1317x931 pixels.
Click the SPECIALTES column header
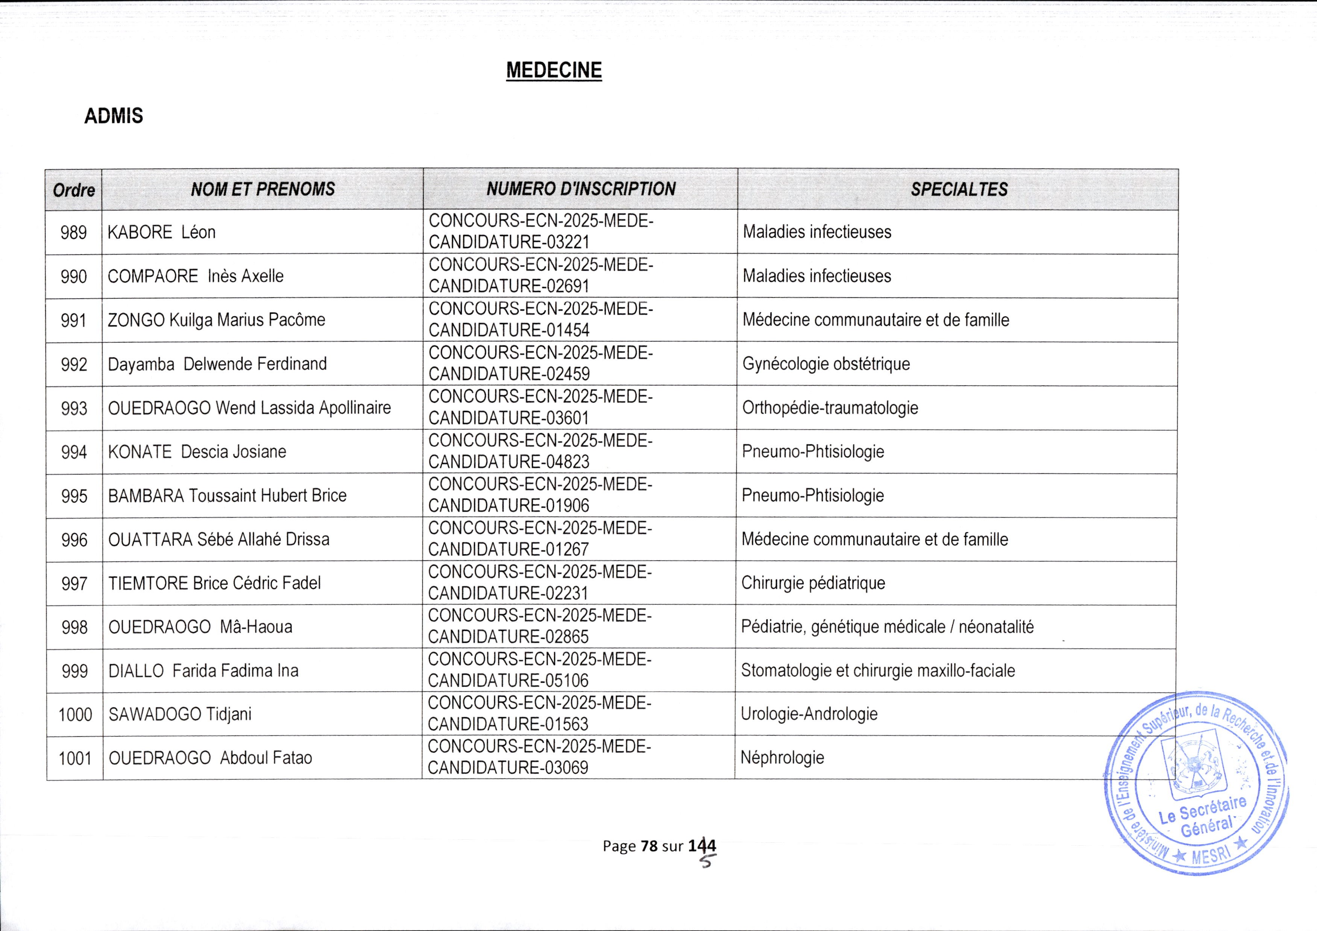(x=959, y=189)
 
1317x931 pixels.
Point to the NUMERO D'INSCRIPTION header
(x=581, y=189)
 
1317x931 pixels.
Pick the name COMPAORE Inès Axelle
(x=196, y=276)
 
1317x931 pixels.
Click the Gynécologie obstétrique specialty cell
(x=826, y=364)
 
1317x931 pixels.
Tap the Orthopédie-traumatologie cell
(x=830, y=408)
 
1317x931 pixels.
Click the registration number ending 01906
(x=540, y=495)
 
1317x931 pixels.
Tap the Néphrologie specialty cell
(x=782, y=758)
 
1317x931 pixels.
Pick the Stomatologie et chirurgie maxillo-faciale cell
(x=878, y=670)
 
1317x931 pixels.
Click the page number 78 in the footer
(x=649, y=846)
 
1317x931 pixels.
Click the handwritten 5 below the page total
(x=708, y=860)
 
